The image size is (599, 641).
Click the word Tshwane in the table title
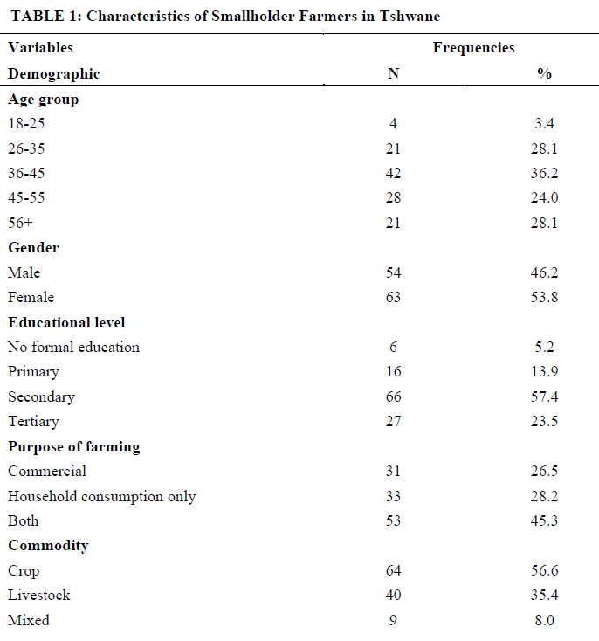tap(410, 16)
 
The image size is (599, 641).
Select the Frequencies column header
tap(473, 48)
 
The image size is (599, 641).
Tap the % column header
tap(544, 73)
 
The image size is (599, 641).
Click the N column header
tap(393, 73)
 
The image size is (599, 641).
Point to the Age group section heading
tap(44, 100)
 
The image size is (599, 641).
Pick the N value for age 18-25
tap(393, 123)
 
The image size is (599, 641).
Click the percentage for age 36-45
tap(544, 173)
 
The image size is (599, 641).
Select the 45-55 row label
tap(26, 197)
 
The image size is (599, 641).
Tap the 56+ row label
tap(20, 223)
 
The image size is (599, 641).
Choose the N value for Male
tap(393, 272)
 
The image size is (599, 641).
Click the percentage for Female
tap(544, 297)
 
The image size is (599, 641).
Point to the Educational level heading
tap(66, 322)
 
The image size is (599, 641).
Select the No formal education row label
tap(73, 347)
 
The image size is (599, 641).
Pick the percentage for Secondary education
tap(544, 396)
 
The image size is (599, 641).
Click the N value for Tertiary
tap(393, 421)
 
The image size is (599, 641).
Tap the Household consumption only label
tap(102, 496)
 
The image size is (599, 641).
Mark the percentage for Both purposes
tap(544, 520)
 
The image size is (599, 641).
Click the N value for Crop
tap(393, 570)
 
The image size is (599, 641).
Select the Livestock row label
tap(39, 595)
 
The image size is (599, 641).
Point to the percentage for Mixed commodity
tap(544, 620)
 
